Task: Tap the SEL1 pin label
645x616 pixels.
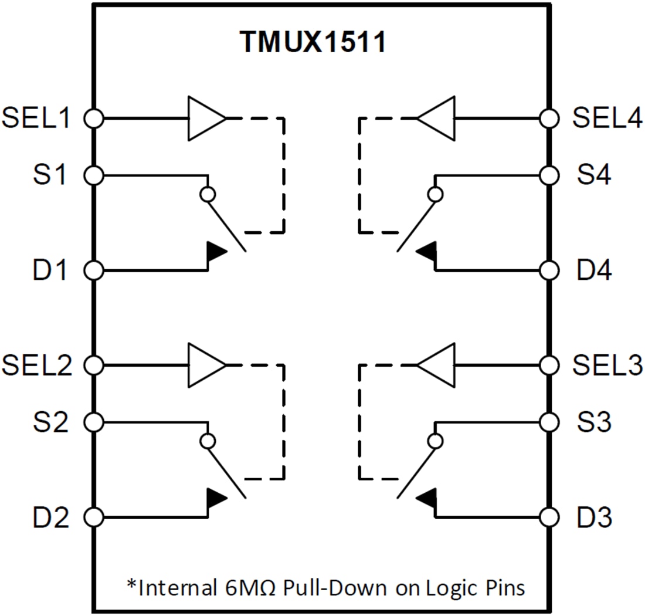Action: [36, 119]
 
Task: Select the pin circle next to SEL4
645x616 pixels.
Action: [549, 119]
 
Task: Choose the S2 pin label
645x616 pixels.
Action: [52, 422]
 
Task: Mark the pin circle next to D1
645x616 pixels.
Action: [93, 270]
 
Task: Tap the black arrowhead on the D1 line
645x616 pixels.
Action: [215, 252]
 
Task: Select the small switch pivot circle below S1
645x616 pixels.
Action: [206, 194]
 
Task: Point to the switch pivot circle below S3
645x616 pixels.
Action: [435, 441]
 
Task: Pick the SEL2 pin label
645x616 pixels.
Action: [36, 365]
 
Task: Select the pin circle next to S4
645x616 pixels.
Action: [549, 175]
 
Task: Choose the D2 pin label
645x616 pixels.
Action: [52, 518]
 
